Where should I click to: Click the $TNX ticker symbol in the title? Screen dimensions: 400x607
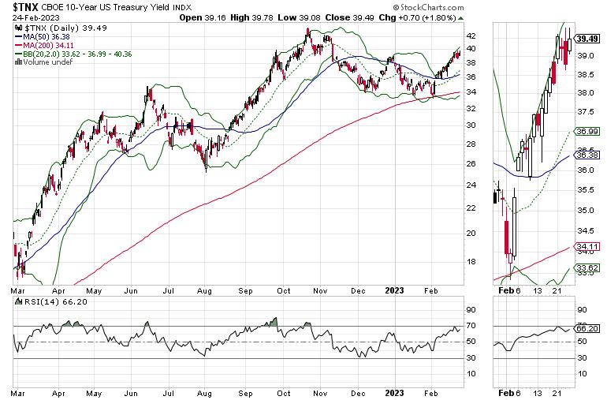click(28, 7)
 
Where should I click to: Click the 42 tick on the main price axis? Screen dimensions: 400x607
click(470, 36)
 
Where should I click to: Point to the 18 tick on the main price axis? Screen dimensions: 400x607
click(470, 262)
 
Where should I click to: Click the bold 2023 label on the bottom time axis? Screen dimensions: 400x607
click(393, 391)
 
